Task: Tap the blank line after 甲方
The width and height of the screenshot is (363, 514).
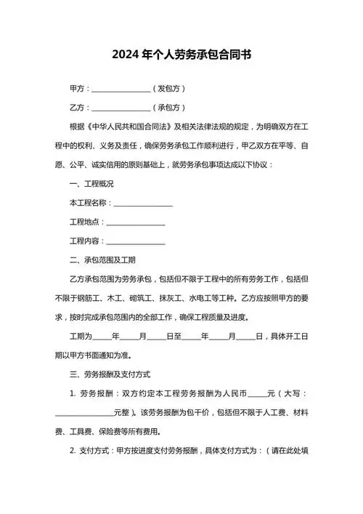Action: click(x=121, y=89)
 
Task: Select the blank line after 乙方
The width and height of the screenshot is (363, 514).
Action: click(x=121, y=108)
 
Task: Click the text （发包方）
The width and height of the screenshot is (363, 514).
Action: click(x=169, y=89)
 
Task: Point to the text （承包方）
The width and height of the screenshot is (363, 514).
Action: click(x=169, y=108)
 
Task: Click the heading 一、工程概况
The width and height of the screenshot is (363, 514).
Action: click(x=91, y=183)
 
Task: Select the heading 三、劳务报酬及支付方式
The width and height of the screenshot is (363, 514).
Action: click(x=110, y=374)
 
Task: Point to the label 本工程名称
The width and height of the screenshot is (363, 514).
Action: click(x=89, y=203)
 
